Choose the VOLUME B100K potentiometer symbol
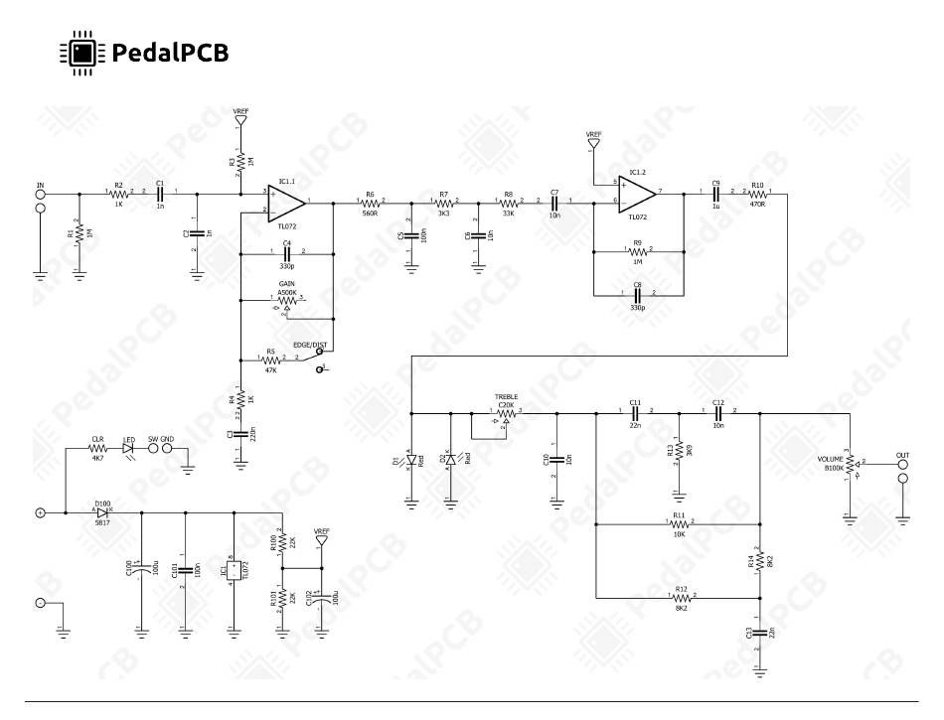point(851,463)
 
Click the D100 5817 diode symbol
point(102,512)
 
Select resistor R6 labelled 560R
point(370,204)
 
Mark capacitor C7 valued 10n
point(554,203)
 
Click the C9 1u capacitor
point(715,194)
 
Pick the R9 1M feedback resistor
point(637,251)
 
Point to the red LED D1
point(411,460)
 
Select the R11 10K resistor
point(680,523)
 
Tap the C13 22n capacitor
point(760,633)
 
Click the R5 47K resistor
point(270,359)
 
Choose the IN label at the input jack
point(41,185)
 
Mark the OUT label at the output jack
point(902,455)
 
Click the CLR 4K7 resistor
point(97,449)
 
